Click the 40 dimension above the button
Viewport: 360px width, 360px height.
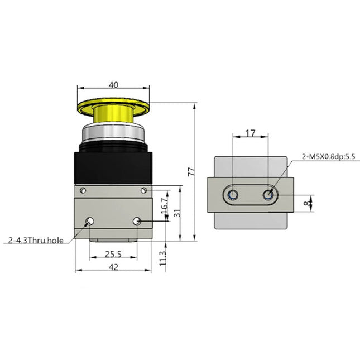(x=113, y=85)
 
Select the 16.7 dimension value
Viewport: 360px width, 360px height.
(x=164, y=204)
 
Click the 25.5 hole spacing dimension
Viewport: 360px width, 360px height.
(x=113, y=254)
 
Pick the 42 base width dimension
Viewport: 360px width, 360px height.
(x=113, y=267)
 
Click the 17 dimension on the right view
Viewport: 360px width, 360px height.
(x=251, y=133)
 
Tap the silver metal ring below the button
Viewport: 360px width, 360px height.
(x=113, y=133)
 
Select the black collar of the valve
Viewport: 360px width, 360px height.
(x=113, y=165)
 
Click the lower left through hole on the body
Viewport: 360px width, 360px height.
(x=89, y=222)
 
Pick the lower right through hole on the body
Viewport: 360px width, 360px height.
(x=137, y=222)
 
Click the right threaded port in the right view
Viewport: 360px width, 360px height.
(x=270, y=194)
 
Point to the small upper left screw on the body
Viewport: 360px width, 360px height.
(x=83, y=190)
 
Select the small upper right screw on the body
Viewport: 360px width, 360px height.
(x=144, y=190)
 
